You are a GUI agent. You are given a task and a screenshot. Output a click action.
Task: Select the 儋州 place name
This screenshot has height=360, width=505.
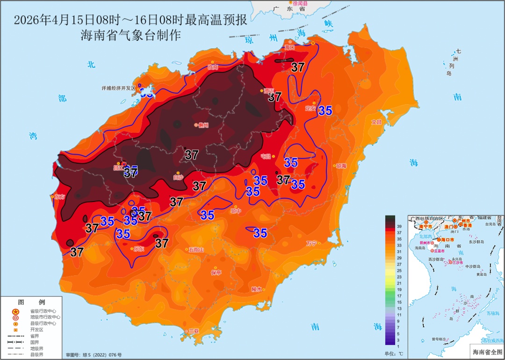[x=203, y=125]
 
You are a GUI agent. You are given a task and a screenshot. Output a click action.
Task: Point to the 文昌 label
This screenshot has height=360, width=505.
[x=376, y=122]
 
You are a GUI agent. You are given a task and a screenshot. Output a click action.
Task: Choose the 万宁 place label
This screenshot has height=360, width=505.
[x=312, y=243]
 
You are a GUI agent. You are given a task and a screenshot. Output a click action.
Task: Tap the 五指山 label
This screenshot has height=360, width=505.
[x=196, y=250]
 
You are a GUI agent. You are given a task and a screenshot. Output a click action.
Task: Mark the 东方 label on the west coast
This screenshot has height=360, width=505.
[x=60, y=196]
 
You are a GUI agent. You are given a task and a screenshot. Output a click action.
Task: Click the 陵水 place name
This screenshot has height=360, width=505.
[x=256, y=289]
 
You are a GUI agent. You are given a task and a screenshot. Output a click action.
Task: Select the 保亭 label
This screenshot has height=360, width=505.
[x=216, y=273]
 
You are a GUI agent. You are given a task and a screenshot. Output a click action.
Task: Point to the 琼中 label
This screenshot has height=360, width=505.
[x=236, y=211]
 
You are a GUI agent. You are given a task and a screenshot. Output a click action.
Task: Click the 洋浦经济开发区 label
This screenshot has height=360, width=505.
[x=118, y=88]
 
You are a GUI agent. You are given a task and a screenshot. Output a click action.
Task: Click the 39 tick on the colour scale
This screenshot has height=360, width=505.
[x=399, y=226]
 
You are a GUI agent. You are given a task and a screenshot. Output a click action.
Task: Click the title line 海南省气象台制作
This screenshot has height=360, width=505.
[x=131, y=36]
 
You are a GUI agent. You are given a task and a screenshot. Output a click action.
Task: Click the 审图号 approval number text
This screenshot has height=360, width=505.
[x=94, y=355]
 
